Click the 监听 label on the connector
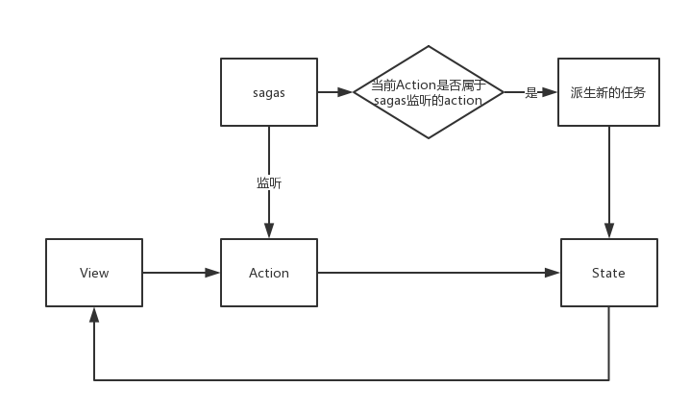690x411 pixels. click(269, 182)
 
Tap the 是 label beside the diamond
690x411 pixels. click(530, 92)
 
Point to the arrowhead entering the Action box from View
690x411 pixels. click(213, 273)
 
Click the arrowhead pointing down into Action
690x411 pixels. click(269, 231)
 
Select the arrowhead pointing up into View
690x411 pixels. click(94, 314)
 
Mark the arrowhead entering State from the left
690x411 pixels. click(553, 273)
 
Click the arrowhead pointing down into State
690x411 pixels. click(608, 231)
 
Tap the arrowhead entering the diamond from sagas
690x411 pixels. click(347, 92)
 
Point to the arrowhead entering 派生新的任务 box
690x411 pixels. click(551, 92)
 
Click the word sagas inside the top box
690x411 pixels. click(269, 92)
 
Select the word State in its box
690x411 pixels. click(608, 273)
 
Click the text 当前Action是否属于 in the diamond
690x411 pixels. click(429, 85)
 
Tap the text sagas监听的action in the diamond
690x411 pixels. click(429, 100)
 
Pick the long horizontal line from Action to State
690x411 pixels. click(432, 273)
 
